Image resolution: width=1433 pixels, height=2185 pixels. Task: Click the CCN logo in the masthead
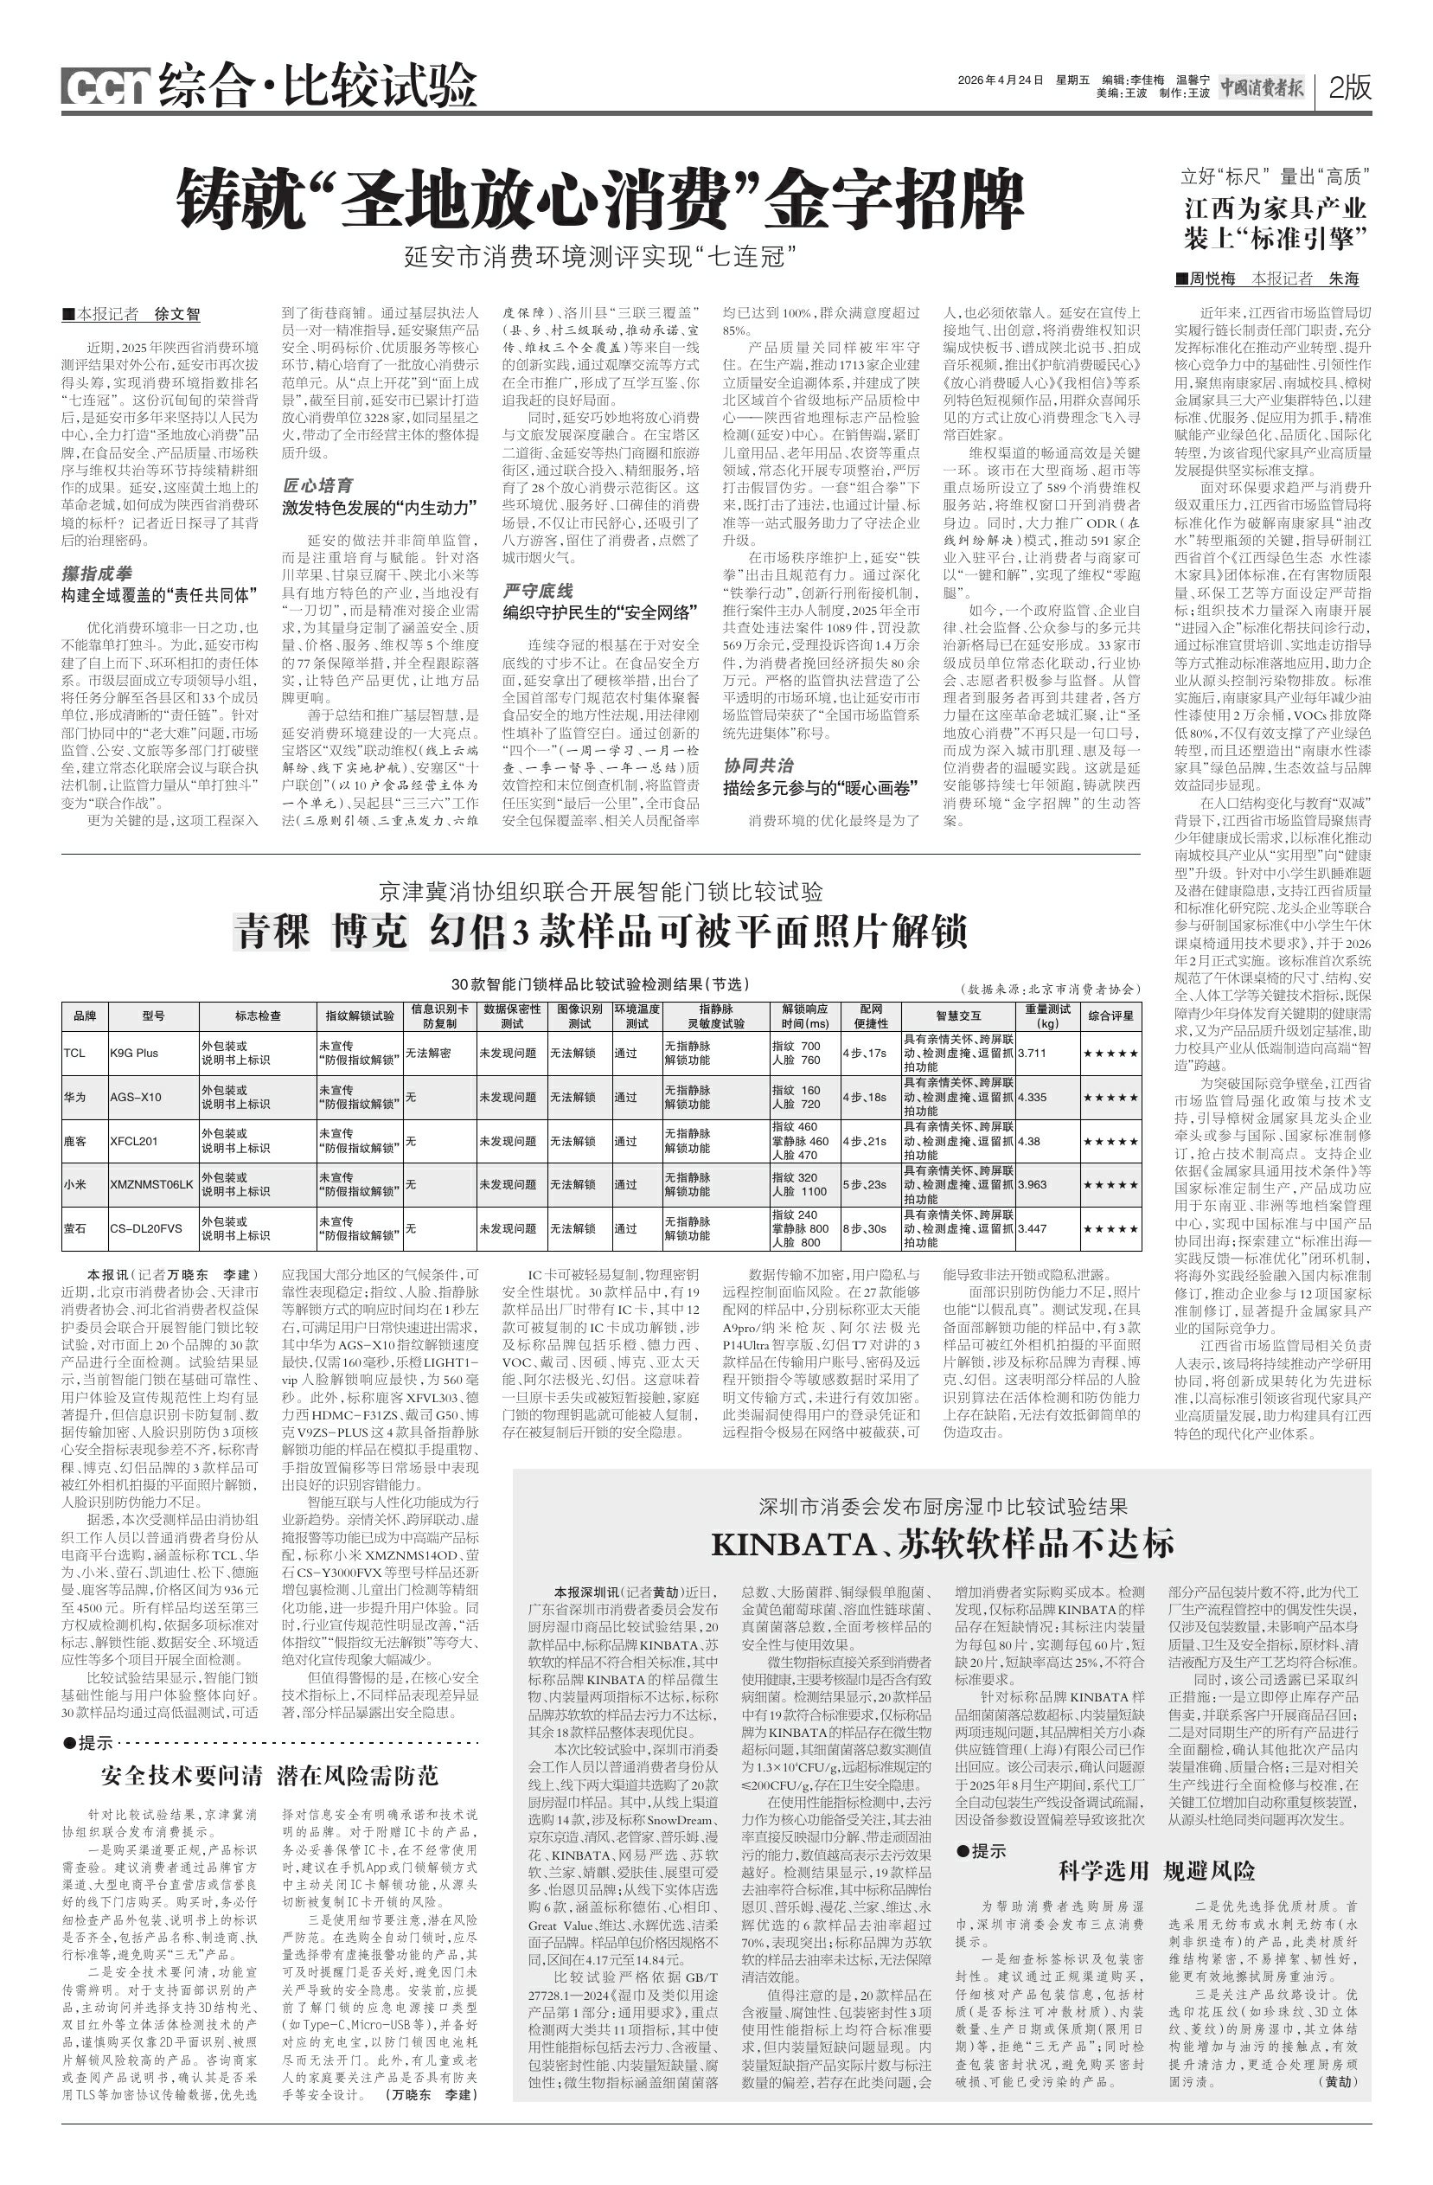[x=106, y=87]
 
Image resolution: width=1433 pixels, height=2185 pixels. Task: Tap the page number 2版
[x=1348, y=87]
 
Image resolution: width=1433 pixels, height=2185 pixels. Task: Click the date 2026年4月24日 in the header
[x=1000, y=80]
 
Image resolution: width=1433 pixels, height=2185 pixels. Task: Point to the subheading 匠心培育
[x=317, y=484]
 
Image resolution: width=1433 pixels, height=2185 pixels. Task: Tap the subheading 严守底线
[x=538, y=590]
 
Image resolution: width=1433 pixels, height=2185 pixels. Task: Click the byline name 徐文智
[x=176, y=314]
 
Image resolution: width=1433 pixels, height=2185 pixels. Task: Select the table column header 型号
[x=153, y=1016]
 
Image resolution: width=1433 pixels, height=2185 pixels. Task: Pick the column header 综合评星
[x=1110, y=1016]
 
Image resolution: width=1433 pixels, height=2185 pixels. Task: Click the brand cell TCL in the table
[x=75, y=1053]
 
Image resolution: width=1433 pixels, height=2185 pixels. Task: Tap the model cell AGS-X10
[x=136, y=1097]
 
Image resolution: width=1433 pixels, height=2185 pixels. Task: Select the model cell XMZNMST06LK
[x=151, y=1185]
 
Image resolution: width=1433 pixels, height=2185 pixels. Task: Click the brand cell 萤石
[x=75, y=1228]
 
